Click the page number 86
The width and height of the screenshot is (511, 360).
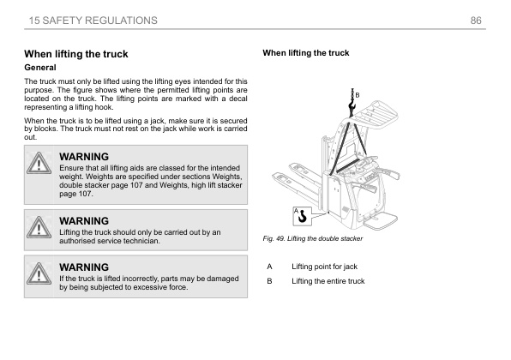(476, 21)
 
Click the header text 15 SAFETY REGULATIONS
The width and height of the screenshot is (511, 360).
(93, 21)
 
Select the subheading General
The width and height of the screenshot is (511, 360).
(40, 68)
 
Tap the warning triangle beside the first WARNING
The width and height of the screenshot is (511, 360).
(39, 163)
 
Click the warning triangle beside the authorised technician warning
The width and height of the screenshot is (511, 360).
(39, 227)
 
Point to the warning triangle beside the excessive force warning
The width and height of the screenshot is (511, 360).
(39, 273)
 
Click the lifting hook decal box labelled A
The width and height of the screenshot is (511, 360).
(302, 216)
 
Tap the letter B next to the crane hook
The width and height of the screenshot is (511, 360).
(358, 95)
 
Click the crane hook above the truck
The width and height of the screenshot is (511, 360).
(352, 105)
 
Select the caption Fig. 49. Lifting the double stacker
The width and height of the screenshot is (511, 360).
(313, 238)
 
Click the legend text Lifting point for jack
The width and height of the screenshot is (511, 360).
(325, 267)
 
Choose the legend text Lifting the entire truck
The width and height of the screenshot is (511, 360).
(328, 281)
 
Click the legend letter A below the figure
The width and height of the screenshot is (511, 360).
(269, 267)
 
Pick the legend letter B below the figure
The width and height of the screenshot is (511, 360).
(269, 281)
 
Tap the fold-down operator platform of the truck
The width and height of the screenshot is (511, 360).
(380, 220)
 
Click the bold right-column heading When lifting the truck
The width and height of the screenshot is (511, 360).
(306, 53)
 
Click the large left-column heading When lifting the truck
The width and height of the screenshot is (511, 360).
(76, 54)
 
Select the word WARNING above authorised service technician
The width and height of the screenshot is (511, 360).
(84, 221)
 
